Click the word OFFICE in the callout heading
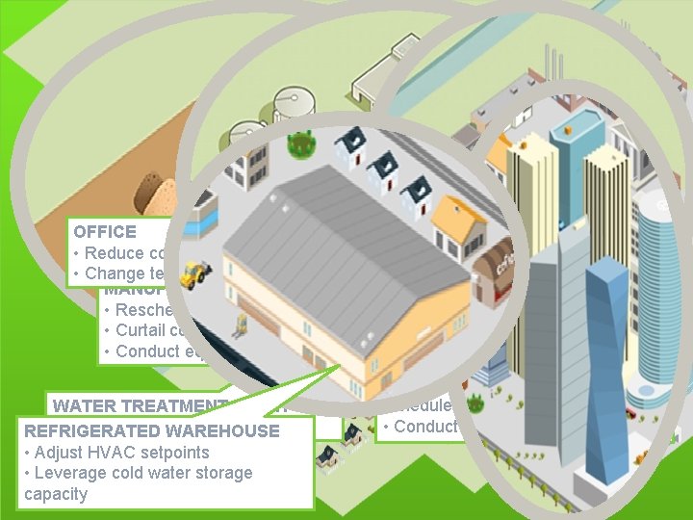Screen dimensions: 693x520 pos(105,232)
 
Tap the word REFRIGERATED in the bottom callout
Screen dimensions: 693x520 pos(85,431)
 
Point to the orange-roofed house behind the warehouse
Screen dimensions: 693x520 pos(455,222)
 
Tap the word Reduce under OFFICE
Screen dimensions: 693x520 pos(112,253)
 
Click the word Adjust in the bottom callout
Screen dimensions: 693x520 pos(57,452)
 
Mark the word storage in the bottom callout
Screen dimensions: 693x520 pos(220,473)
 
